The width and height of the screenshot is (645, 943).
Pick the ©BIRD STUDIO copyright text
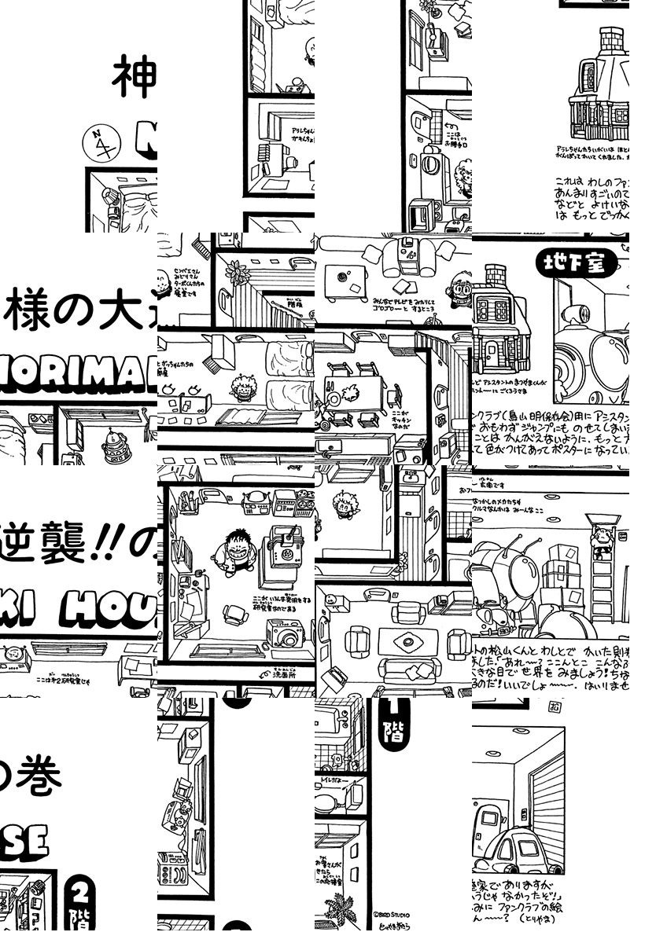[392, 915]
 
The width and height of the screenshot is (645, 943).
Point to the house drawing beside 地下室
[503, 322]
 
